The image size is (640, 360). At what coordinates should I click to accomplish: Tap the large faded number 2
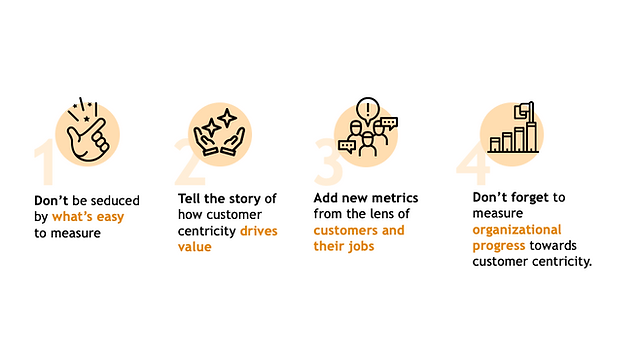pos(189,162)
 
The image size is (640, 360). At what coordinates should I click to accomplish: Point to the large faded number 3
pos(328,162)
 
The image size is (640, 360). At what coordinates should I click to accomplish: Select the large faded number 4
pos(473,163)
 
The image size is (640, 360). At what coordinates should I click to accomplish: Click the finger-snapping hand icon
pos(87,129)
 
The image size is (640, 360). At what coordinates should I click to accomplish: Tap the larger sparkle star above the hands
pos(227,118)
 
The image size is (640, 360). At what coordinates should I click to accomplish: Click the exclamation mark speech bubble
pos(368,110)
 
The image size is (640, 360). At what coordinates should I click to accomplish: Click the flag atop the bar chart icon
pos(523,110)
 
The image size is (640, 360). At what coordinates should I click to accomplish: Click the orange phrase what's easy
pos(88,217)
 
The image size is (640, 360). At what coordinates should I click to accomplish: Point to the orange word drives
pos(259,231)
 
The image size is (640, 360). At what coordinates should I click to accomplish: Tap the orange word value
pos(195,247)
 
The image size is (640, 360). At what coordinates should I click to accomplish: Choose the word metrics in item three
pos(395,198)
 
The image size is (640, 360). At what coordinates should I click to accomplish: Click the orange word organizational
pos(517,230)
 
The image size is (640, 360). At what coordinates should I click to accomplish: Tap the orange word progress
pos(499,246)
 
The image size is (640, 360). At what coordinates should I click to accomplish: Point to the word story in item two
pos(243,199)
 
